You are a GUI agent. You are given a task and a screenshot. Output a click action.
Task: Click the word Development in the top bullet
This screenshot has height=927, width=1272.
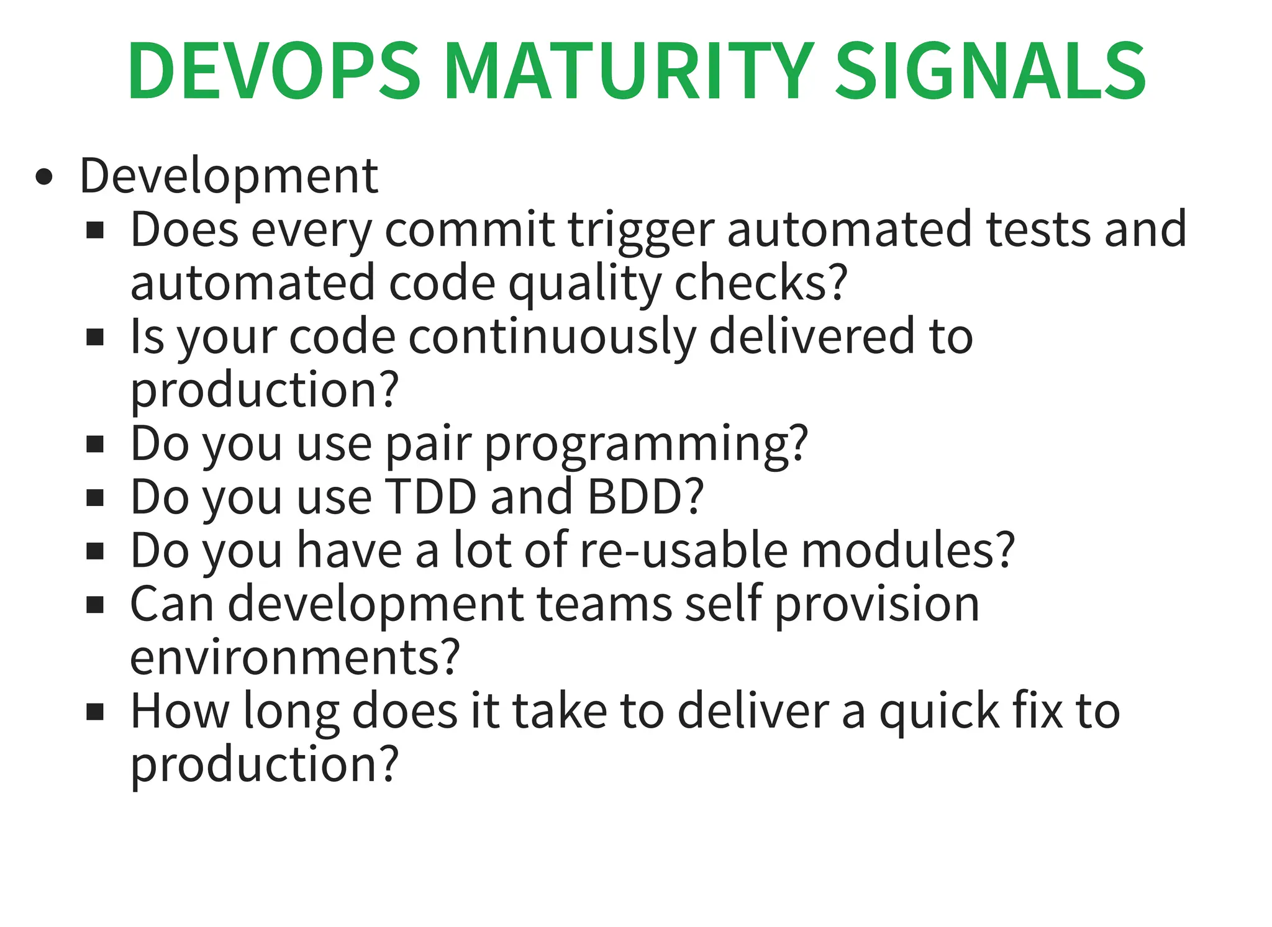coord(229,176)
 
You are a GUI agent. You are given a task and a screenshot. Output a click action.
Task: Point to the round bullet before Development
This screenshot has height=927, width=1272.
coord(44,178)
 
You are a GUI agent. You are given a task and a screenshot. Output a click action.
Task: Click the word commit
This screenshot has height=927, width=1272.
coord(470,230)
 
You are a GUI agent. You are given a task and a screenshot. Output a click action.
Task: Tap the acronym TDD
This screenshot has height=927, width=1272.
coord(430,497)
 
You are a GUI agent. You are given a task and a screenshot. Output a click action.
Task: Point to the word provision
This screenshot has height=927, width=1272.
coord(876,605)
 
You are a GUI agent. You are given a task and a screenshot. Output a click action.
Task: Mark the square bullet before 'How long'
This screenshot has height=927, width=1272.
coord(95,712)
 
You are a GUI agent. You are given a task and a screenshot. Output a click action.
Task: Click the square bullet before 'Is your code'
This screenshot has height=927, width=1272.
coord(95,338)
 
